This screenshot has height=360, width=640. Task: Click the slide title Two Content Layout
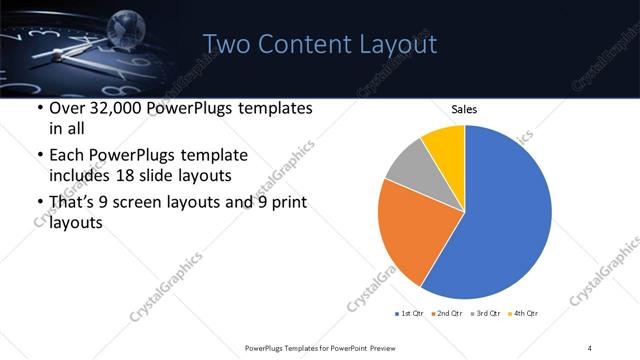tap(319, 44)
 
